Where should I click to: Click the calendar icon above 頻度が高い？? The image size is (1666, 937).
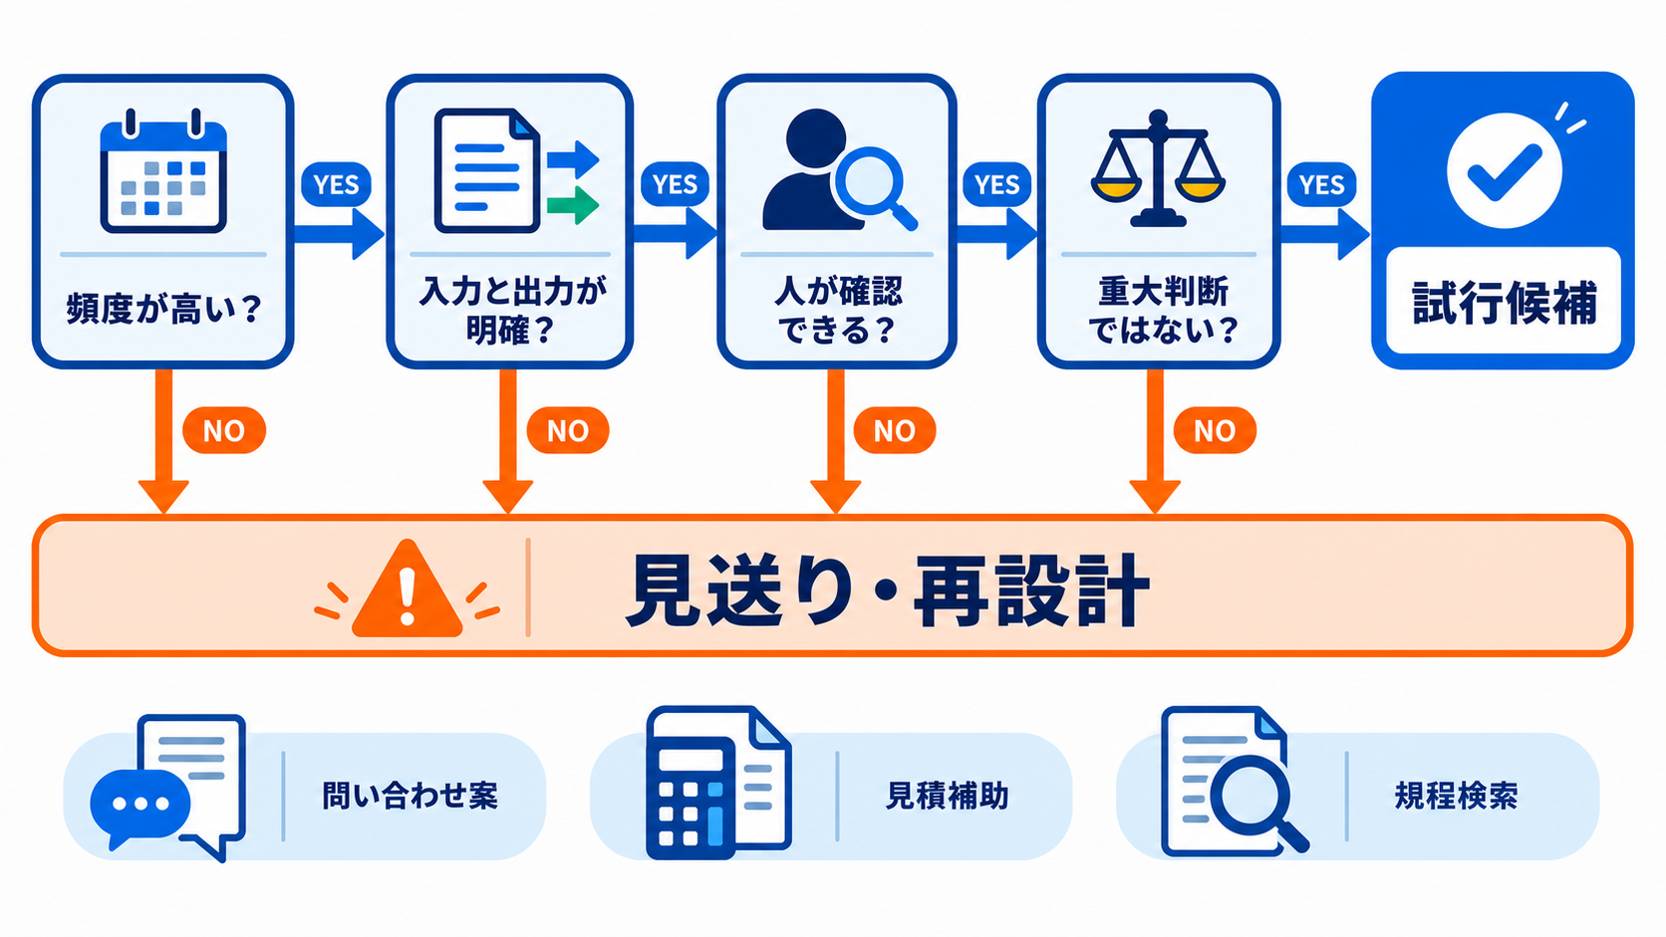click(163, 171)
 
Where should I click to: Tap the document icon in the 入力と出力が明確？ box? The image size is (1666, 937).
click(487, 171)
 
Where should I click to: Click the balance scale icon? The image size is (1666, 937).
click(1158, 168)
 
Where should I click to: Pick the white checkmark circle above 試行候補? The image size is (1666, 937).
click(1504, 170)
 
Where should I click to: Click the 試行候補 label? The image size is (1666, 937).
click(1504, 303)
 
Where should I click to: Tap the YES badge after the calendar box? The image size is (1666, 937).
click(336, 184)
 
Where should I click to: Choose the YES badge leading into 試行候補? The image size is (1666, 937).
click(1321, 184)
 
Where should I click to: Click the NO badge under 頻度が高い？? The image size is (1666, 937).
click(224, 430)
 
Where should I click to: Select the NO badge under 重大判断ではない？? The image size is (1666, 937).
click(1215, 430)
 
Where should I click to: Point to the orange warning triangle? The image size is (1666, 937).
click(407, 588)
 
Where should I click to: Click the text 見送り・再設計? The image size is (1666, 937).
click(887, 591)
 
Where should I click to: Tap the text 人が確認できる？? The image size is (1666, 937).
click(837, 311)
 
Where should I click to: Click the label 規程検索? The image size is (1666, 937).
click(1456, 796)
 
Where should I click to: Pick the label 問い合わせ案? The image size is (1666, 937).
click(410, 796)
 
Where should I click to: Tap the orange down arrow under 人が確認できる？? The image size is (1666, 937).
click(835, 441)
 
